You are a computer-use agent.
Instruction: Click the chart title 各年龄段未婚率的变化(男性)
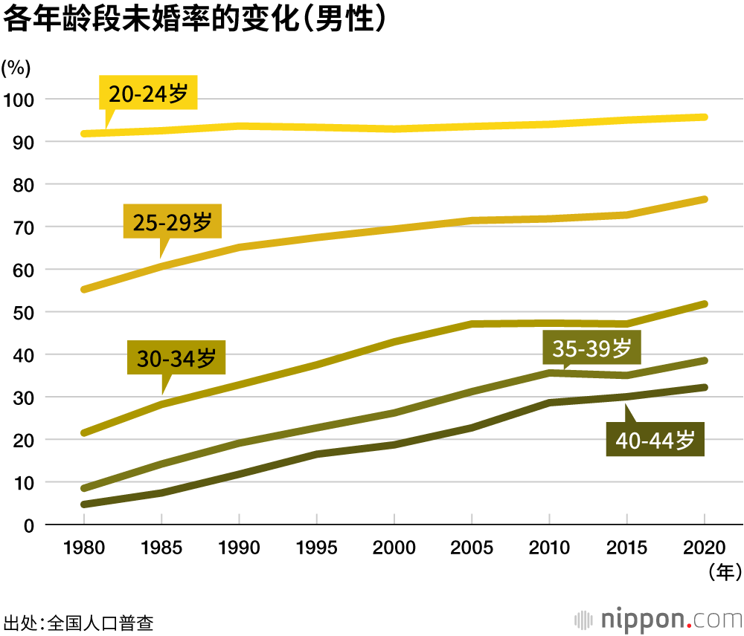(x=195, y=19)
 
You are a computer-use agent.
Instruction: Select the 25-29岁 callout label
(x=173, y=221)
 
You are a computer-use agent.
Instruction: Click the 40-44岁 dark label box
(x=655, y=439)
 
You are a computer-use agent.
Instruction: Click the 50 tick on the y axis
(x=22, y=312)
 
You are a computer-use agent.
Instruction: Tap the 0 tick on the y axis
(x=30, y=525)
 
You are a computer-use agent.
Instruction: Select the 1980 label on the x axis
(x=84, y=548)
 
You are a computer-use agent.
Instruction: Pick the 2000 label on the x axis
(x=394, y=548)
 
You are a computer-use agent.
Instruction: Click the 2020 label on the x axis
(x=705, y=548)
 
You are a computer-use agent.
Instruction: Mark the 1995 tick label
(x=317, y=548)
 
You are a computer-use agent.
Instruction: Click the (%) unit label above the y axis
(x=16, y=68)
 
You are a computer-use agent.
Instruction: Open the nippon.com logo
(x=659, y=619)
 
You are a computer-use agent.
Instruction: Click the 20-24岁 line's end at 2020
(x=704, y=117)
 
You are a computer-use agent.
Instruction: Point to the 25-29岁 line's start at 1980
(x=84, y=289)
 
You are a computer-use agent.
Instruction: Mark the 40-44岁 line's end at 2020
(x=704, y=387)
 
